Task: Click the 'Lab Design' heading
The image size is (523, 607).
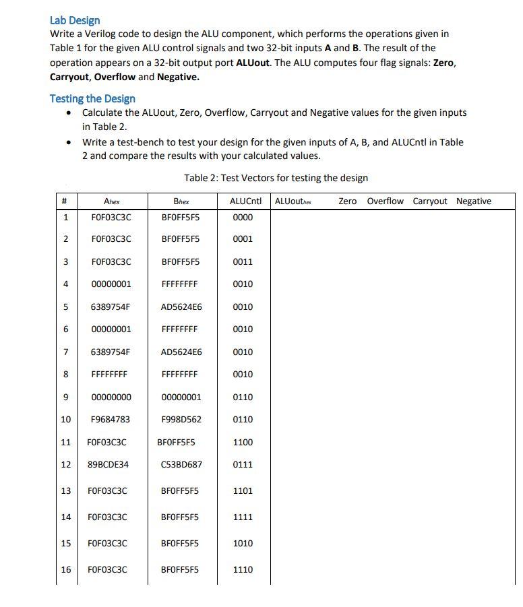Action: click(x=75, y=20)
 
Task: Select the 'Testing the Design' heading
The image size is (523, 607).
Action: click(x=92, y=98)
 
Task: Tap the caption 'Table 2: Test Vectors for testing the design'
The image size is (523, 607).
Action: click(x=276, y=178)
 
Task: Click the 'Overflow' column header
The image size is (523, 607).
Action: click(x=385, y=201)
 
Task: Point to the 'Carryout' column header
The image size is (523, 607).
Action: click(x=429, y=201)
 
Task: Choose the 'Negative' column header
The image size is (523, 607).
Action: click(x=473, y=201)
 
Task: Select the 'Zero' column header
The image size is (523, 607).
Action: click(x=347, y=201)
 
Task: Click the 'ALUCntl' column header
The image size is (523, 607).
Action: click(x=245, y=201)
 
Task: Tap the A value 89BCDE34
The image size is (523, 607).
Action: click(x=109, y=464)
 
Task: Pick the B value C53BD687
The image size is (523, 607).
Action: click(x=181, y=464)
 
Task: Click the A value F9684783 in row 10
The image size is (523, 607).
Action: click(x=111, y=419)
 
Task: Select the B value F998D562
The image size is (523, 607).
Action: click(x=181, y=419)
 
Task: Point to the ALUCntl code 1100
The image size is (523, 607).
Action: click(x=243, y=442)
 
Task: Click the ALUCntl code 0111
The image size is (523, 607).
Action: click(x=243, y=464)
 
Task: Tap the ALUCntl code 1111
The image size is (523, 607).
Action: click(x=243, y=517)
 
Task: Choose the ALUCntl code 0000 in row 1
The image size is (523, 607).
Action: click(x=243, y=218)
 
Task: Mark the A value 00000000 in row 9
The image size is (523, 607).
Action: click(x=111, y=397)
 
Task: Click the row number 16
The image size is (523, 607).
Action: click(x=65, y=569)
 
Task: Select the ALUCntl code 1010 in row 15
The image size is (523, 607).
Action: click(x=243, y=543)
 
